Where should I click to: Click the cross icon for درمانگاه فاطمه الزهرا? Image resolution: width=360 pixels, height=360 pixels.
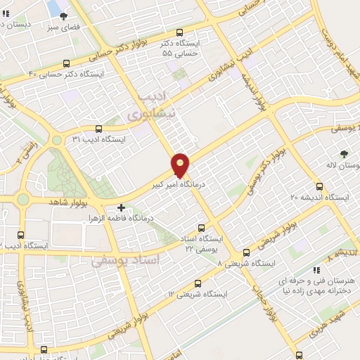tap(121, 207)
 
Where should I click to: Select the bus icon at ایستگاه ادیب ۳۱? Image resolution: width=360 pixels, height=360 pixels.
tap(98, 129)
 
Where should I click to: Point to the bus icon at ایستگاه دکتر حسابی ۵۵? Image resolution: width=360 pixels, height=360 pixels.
tap(179, 32)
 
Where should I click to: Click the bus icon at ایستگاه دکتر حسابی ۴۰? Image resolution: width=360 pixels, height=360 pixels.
tap(66, 63)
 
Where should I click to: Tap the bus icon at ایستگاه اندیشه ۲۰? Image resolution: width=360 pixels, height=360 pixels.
tap(320, 187)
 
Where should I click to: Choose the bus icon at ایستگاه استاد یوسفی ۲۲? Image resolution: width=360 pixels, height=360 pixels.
tap(202, 228)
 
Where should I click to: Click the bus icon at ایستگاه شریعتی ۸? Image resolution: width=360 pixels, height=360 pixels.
tap(246, 252)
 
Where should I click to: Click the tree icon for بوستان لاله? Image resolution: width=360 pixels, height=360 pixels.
tap(344, 154)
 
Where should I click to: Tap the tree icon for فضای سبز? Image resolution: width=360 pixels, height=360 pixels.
tap(64, 15)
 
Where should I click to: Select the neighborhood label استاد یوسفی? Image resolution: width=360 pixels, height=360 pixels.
tap(126, 261)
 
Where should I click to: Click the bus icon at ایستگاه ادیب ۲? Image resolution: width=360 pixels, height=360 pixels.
tap(20, 236)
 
